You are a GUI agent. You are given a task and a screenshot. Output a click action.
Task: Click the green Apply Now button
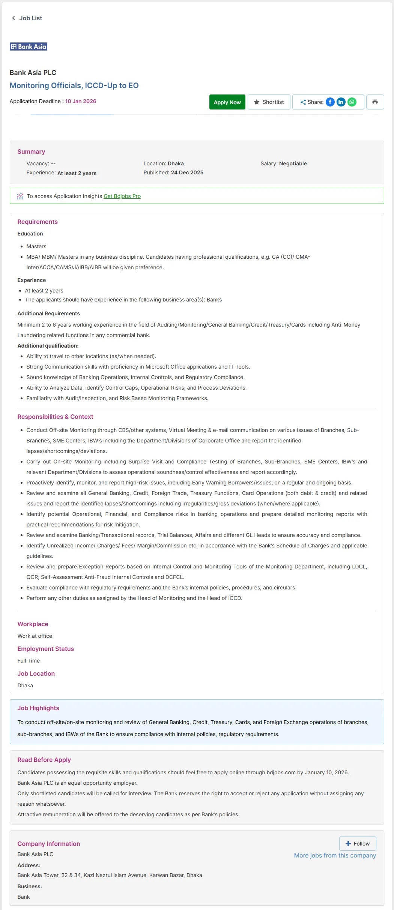[x=227, y=102]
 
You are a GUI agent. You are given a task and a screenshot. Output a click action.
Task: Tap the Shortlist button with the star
[x=269, y=102]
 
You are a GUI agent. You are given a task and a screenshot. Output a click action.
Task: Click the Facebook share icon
[x=330, y=102]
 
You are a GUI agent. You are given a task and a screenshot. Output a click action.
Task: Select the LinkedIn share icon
[x=341, y=102]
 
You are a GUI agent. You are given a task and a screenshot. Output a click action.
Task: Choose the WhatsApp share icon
[x=352, y=102]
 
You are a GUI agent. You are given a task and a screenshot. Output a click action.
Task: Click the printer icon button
[x=375, y=102]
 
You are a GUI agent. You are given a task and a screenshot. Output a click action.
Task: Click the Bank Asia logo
[x=29, y=46]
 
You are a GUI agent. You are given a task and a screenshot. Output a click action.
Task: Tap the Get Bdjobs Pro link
[x=122, y=196]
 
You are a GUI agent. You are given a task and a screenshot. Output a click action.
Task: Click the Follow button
[x=358, y=844]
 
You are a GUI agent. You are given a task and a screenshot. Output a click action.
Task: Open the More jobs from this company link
[x=335, y=855]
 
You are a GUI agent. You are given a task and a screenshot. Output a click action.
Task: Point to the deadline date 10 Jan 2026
[x=81, y=101]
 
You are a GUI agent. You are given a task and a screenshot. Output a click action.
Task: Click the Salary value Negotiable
[x=293, y=163]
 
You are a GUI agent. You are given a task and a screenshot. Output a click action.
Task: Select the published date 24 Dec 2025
[x=187, y=172]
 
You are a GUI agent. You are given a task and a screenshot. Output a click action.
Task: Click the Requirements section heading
[x=38, y=222]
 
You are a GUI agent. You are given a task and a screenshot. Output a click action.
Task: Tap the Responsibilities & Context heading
[x=55, y=417]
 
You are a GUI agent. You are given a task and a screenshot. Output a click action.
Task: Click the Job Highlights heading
[x=38, y=708]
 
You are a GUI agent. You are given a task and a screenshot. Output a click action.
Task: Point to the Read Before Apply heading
[x=44, y=760]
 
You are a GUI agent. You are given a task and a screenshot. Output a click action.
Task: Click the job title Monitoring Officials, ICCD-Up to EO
[x=74, y=85]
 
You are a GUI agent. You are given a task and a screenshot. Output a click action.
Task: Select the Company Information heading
[x=48, y=844]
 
